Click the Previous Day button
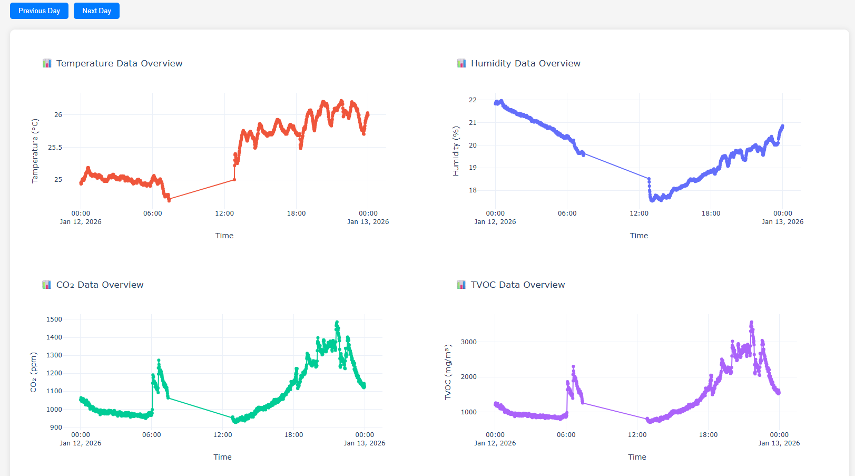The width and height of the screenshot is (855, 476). [39, 11]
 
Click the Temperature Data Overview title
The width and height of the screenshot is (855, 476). [119, 63]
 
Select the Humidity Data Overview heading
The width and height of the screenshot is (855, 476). [525, 63]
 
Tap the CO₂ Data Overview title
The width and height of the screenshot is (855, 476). [100, 285]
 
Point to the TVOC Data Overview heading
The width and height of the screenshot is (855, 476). [517, 285]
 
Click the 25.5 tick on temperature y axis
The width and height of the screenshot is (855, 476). [55, 147]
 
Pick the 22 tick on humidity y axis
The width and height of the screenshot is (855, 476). [473, 100]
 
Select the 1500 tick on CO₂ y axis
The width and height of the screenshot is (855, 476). [54, 319]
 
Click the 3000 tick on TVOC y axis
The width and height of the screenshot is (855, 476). [468, 342]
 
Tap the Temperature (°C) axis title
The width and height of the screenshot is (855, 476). [35, 151]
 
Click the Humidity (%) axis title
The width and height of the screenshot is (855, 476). [456, 151]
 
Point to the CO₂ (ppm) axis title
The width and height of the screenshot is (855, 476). [33, 372]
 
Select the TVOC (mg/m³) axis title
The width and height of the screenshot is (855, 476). [448, 372]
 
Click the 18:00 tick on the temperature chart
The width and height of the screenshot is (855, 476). [296, 213]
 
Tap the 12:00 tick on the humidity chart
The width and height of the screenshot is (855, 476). [639, 213]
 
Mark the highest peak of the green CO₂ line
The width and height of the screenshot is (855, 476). [337, 322]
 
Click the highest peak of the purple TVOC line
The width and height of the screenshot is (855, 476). [752, 322]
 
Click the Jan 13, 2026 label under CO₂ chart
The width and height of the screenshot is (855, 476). [365, 443]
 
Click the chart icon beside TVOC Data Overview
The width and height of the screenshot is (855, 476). [461, 285]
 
